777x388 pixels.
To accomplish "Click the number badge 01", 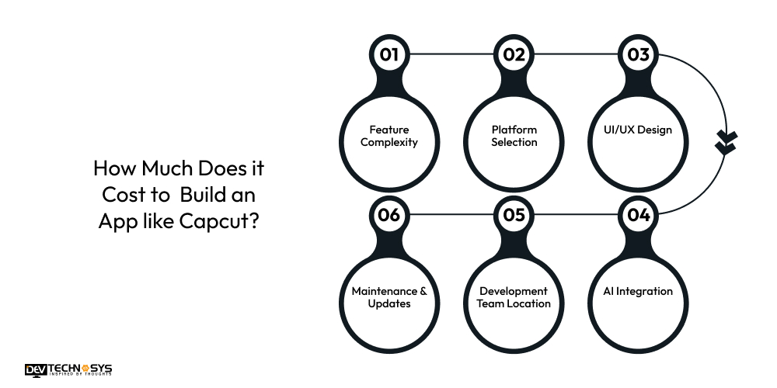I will [x=388, y=54].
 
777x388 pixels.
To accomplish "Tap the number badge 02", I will [x=514, y=54].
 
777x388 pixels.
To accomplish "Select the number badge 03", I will [x=639, y=54].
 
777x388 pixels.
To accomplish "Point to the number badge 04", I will [x=639, y=215].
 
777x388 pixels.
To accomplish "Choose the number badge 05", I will [x=514, y=215].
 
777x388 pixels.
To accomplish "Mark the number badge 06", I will [x=388, y=215].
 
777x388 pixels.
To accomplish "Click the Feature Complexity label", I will [x=388, y=137].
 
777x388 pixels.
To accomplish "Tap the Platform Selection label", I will [x=514, y=137].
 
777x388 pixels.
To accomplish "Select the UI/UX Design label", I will [x=639, y=130].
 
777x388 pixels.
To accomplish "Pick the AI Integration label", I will [x=639, y=292].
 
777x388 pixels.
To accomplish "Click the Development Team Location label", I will [x=514, y=297].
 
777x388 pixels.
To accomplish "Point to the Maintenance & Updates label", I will [x=388, y=297].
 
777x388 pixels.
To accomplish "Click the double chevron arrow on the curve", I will [x=726, y=142].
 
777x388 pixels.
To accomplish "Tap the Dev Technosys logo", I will [x=68, y=369].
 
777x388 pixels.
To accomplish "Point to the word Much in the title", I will [x=159, y=168].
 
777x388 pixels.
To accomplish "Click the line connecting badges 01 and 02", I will [x=451, y=54].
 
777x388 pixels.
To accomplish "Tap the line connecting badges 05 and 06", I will [x=451, y=215].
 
